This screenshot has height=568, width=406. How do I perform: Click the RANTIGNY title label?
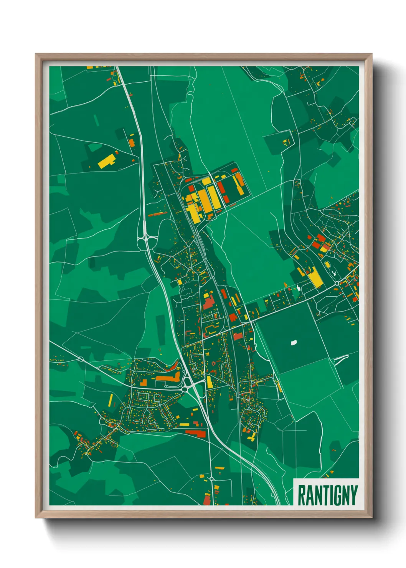pyautogui.click(x=327, y=495)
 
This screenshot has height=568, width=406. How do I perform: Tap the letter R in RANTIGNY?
pyautogui.click(x=301, y=495)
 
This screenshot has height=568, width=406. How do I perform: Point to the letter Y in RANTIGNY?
pyautogui.click(x=354, y=495)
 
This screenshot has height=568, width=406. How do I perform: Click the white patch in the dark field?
pyautogui.click(x=294, y=342)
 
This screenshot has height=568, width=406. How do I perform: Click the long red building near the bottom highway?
pyautogui.click(x=196, y=433)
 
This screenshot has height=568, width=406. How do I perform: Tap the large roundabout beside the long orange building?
pyautogui.click(x=187, y=383)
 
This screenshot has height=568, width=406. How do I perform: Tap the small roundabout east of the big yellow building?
pyautogui.click(x=337, y=284)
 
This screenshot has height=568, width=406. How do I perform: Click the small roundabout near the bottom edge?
pyautogui.click(x=211, y=479)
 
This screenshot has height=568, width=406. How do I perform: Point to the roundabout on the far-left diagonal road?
pyautogui.click(x=81, y=359)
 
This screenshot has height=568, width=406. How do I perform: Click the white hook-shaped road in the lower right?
pyautogui.click(x=341, y=358)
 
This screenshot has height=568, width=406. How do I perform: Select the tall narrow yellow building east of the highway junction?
pyautogui.click(x=209, y=382)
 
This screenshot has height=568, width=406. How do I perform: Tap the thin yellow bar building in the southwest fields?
pyautogui.click(x=111, y=400)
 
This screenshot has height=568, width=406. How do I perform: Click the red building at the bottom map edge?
pyautogui.click(x=207, y=500)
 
